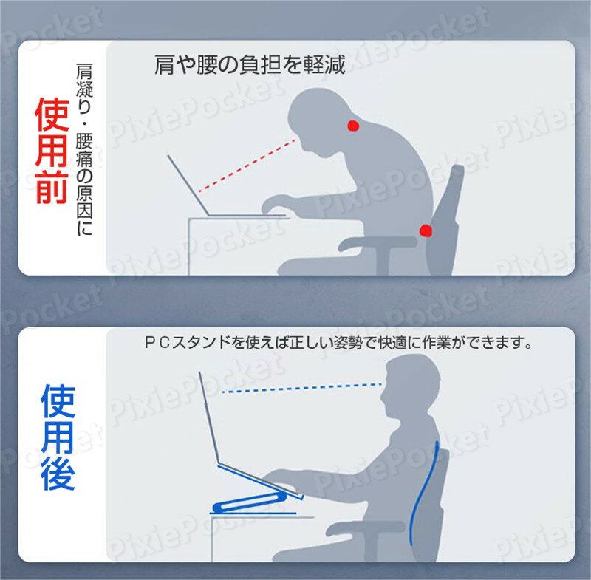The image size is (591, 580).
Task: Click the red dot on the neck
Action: click(353, 126)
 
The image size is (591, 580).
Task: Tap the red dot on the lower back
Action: click(426, 231)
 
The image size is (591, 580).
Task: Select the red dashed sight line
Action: click(247, 166)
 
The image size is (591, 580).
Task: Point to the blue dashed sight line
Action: click(302, 388)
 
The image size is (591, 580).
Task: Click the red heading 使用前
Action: click(52, 151)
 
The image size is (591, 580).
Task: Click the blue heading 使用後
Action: click(58, 437)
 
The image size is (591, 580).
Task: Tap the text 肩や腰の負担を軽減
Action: click(250, 65)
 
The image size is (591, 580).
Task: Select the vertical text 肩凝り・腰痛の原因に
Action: click(84, 149)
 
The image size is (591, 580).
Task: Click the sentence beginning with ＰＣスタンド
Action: click(338, 343)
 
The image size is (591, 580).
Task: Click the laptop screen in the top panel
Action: click(188, 185)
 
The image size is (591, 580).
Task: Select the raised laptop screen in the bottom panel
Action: click(209, 417)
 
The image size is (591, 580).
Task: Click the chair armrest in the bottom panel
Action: click(366, 528)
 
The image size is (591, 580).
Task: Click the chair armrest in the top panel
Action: click(377, 243)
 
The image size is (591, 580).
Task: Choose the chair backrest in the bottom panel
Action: click(434, 505)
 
